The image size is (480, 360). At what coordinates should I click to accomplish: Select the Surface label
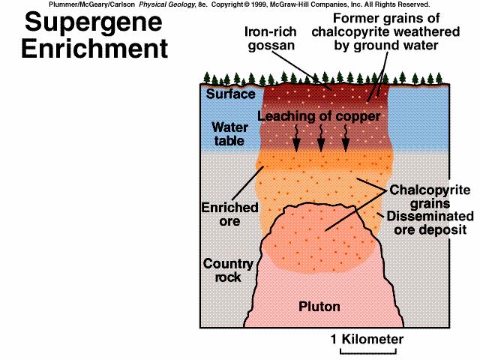(226, 94)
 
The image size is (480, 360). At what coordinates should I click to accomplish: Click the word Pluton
(319, 307)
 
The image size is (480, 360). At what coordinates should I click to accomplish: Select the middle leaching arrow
(321, 137)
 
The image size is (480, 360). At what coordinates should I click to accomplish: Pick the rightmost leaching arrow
(346, 137)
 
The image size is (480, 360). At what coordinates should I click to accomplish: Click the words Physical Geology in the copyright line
(166, 4)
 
